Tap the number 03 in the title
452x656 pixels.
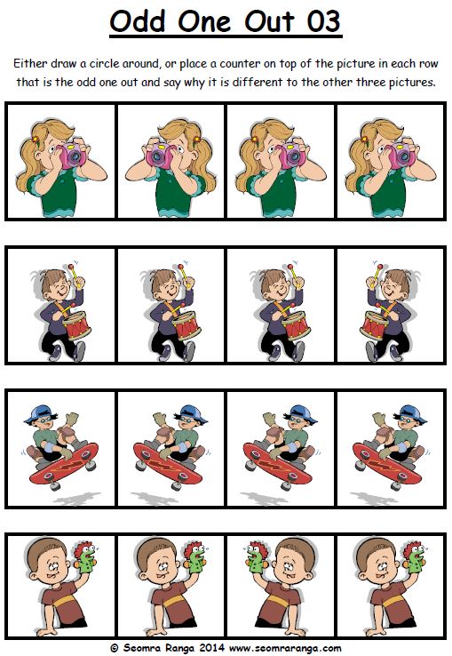[x=323, y=21]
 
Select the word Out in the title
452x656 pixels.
[x=270, y=21]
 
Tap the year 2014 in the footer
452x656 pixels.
[x=213, y=648]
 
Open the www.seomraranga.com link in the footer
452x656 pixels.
[x=286, y=649]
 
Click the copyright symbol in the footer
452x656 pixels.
[x=115, y=649]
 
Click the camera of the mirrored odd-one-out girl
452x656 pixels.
[x=161, y=155]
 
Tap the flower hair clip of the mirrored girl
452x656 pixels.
[x=196, y=140]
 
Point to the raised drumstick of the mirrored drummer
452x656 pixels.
[x=378, y=271]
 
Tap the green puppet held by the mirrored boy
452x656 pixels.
[x=257, y=558]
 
